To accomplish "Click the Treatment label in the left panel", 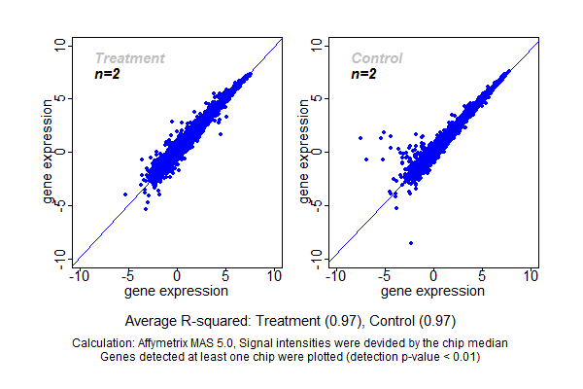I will pos(129,58).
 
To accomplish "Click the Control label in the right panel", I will pos(376,58).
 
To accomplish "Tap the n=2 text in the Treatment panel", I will pos(107,74).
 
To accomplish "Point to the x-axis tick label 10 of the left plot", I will pos(274,276).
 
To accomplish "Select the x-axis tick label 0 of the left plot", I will pos(177,276).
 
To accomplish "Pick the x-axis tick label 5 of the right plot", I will pos(483,276).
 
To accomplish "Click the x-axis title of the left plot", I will pos(177,291).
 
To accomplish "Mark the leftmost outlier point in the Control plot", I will pos(360,138).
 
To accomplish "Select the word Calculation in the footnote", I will pos(104,343).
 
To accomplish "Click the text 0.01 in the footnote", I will pos(462,357).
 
